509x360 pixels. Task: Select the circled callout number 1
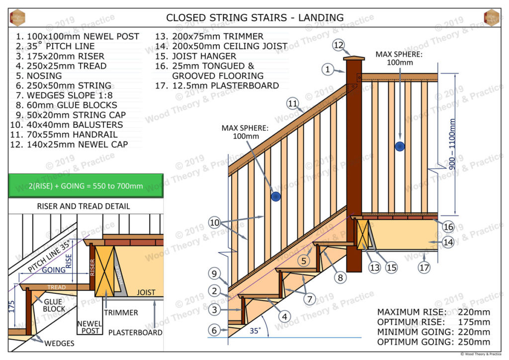pos(328,70)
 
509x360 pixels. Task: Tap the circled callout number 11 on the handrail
pos(293,103)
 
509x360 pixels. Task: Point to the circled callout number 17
pos(424,268)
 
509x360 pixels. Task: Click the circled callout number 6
pos(213,329)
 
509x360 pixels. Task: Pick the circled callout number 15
pos(391,268)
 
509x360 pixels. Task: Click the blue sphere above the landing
pos(400,146)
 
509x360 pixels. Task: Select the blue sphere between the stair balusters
pos(275,196)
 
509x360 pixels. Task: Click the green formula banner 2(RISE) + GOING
pos(85,186)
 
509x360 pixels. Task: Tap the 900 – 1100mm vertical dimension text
pos(452,144)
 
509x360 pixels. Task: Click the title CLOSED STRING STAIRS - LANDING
pos(254,17)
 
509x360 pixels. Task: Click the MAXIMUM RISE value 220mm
pos(475,312)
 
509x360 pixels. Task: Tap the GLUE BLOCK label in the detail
pos(53,305)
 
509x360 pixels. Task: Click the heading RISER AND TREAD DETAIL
pos(84,206)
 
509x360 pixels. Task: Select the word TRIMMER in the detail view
pos(121,312)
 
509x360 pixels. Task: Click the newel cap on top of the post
pos(353,58)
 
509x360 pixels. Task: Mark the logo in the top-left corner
pos(17,17)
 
